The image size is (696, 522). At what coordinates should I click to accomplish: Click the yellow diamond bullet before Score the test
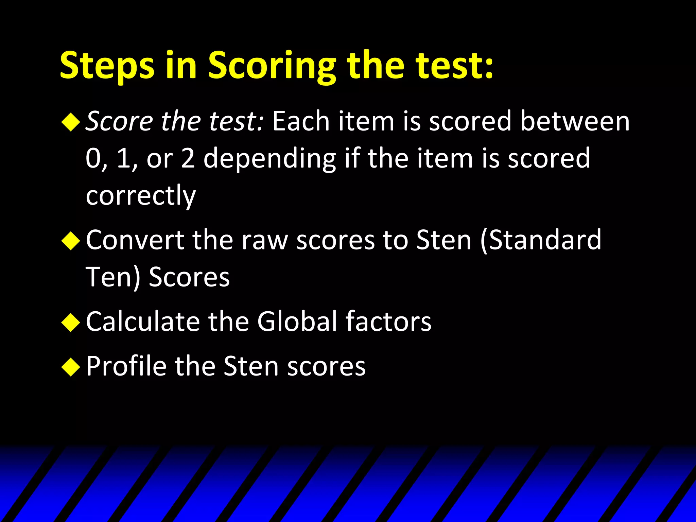(71, 122)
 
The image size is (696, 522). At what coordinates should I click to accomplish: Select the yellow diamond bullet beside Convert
(71, 241)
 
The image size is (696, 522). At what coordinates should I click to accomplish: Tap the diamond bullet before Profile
(71, 367)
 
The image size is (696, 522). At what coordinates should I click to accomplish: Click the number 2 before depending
(188, 158)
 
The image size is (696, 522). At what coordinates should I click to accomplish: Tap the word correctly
(141, 196)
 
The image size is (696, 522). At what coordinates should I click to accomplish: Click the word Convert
(135, 240)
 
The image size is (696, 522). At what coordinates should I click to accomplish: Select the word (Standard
(541, 240)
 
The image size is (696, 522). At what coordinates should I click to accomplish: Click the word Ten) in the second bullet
(113, 277)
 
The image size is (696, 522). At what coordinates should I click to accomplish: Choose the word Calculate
(143, 321)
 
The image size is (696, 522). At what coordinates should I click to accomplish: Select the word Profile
(126, 366)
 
